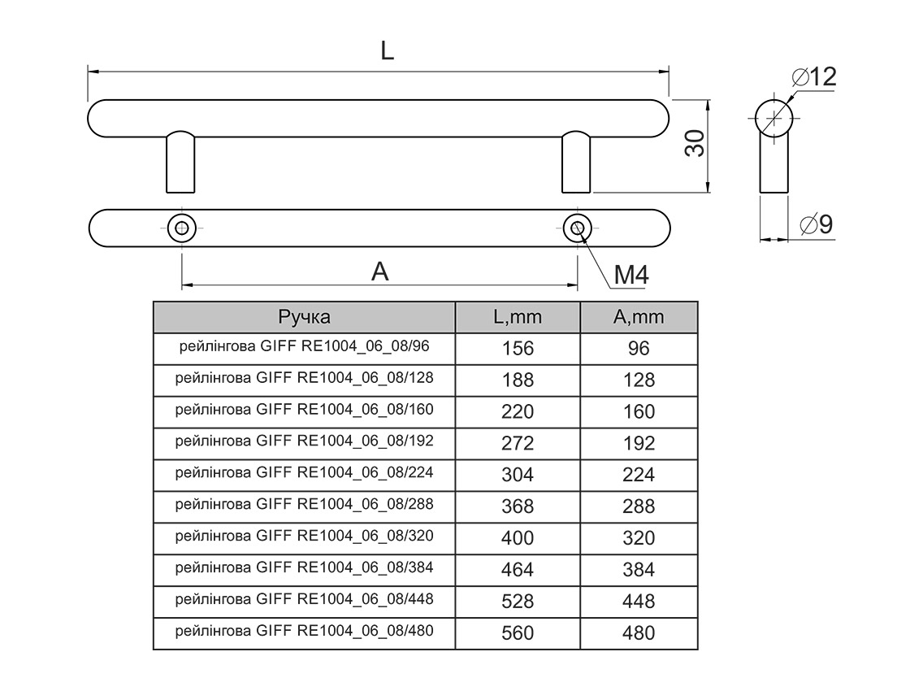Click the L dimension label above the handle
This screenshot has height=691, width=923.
click(388, 51)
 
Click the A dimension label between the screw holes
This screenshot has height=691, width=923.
click(380, 272)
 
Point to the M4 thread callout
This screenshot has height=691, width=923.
click(630, 276)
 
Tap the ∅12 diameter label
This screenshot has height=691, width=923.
click(813, 78)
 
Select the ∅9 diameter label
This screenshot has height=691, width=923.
click(816, 225)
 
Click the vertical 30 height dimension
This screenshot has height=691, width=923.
click(693, 146)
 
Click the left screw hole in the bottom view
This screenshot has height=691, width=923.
click(181, 227)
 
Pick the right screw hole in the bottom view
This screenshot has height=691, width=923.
click(577, 228)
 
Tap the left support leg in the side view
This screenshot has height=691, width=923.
click(180, 163)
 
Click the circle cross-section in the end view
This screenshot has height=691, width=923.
click(773, 118)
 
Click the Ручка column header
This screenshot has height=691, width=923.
click(305, 317)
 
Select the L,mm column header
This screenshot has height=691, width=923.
click(518, 317)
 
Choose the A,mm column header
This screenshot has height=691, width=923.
click(638, 317)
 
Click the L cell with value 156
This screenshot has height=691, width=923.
click(518, 349)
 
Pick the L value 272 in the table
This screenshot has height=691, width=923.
click(518, 443)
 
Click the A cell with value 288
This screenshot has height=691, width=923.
click(638, 506)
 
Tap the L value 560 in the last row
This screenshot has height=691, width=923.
click(518, 632)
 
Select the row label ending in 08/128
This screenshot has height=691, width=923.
click(305, 378)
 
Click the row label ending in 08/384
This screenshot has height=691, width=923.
click(305, 567)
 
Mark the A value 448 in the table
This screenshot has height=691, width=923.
click(638, 602)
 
